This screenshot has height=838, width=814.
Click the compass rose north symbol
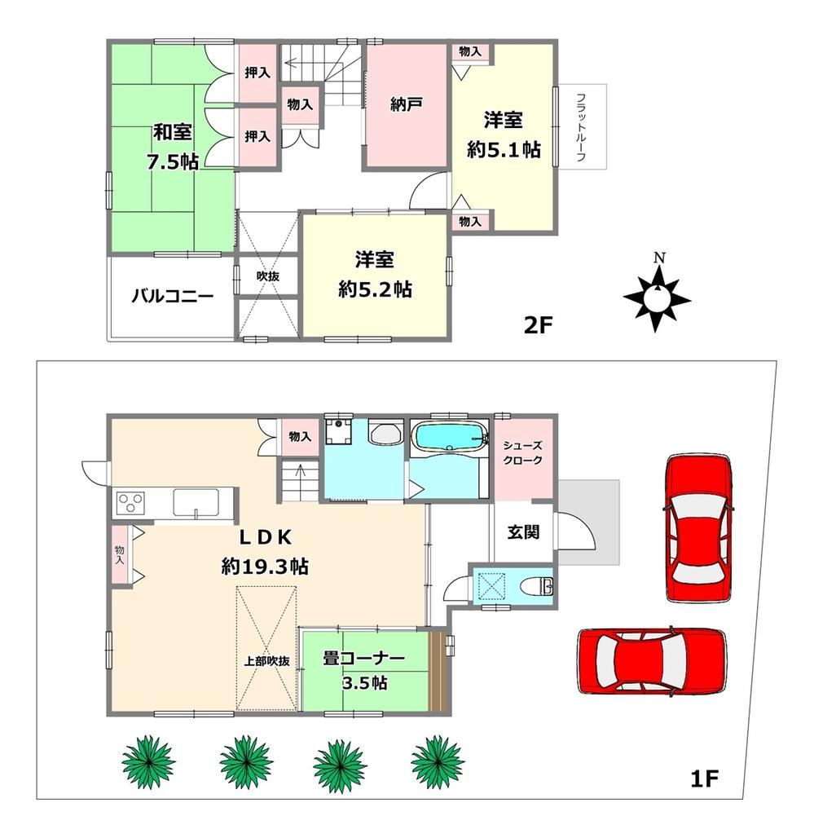point(657,298)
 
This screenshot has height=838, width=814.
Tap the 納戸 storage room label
point(405,104)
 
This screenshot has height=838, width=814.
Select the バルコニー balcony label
point(173,296)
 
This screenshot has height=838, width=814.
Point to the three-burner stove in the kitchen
point(131,503)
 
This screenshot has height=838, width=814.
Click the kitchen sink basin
point(196,502)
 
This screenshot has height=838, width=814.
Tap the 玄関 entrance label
point(523,531)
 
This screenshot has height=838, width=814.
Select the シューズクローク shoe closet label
point(523,452)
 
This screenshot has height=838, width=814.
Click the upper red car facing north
point(698,528)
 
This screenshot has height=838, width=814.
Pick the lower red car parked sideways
point(652,661)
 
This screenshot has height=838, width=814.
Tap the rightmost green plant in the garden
point(438,761)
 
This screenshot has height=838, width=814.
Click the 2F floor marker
point(537,324)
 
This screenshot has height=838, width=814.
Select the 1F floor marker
point(704,778)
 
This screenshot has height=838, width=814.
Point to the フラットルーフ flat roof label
point(581,127)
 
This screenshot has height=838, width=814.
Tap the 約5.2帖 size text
point(375,289)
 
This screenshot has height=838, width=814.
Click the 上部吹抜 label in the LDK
point(266,661)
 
